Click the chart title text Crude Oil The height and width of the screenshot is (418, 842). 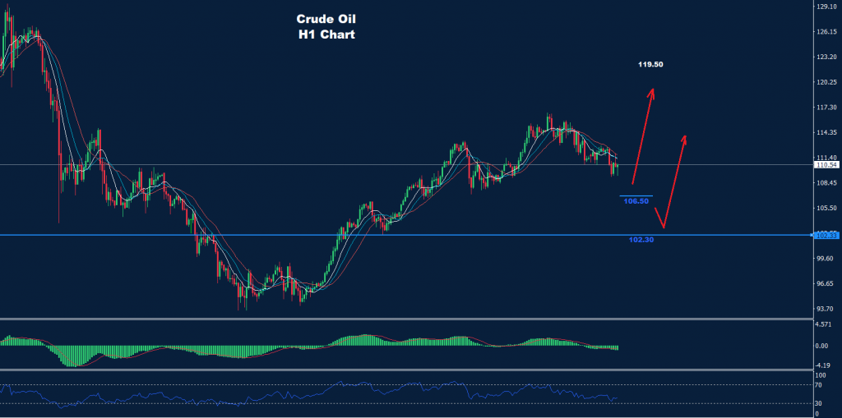pyautogui.click(x=326, y=18)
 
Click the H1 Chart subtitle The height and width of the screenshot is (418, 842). pyautogui.click(x=326, y=35)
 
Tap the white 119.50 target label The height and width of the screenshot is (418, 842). pyautogui.click(x=652, y=64)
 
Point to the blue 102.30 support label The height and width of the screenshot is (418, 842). pyautogui.click(x=641, y=241)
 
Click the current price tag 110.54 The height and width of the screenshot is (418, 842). pyautogui.click(x=825, y=165)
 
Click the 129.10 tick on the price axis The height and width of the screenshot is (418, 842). pyautogui.click(x=826, y=7)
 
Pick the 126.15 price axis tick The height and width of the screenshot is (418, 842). pyautogui.click(x=826, y=32)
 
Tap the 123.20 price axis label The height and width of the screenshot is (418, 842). pyautogui.click(x=826, y=57)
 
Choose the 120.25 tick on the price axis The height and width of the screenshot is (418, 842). pyautogui.click(x=826, y=82)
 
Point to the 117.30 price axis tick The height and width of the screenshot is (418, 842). pyautogui.click(x=826, y=108)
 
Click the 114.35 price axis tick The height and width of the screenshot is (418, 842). pyautogui.click(x=826, y=133)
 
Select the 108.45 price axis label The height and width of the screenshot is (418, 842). pyautogui.click(x=826, y=183)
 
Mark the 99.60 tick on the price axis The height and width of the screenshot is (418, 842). pyautogui.click(x=826, y=259)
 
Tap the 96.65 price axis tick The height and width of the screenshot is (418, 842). pyautogui.click(x=826, y=284)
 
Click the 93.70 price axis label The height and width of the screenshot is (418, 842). pyautogui.click(x=826, y=310)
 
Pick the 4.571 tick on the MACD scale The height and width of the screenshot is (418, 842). pyautogui.click(x=823, y=325)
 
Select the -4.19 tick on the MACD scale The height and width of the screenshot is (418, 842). pyautogui.click(x=823, y=365)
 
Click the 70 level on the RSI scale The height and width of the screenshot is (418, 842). pyautogui.click(x=819, y=384)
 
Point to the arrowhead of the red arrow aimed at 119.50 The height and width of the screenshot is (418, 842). pyautogui.click(x=652, y=90)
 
